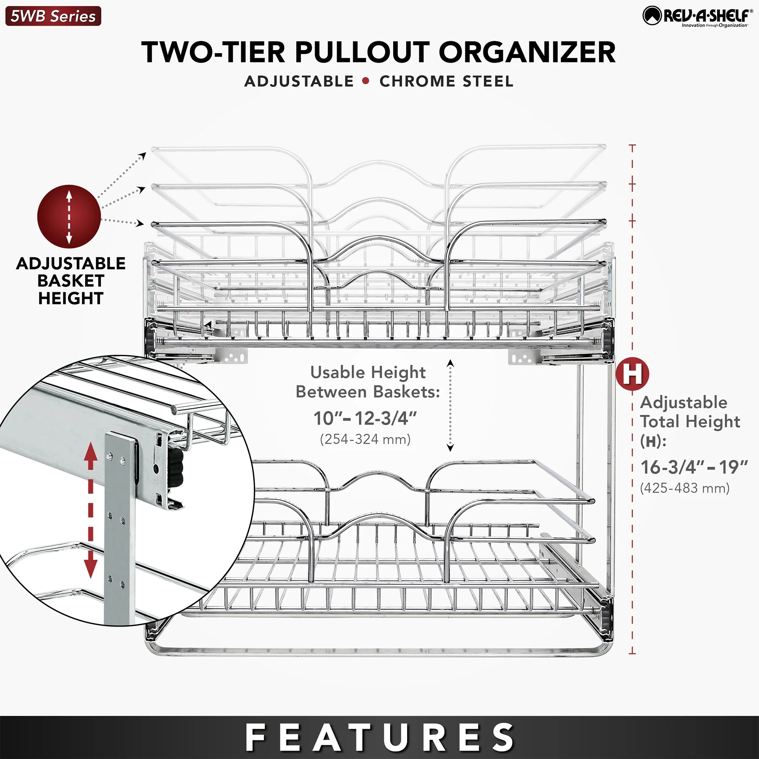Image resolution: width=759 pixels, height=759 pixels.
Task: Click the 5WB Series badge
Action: pyautogui.click(x=53, y=16)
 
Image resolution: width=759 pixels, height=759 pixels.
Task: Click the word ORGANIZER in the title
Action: pyautogui.click(x=527, y=52)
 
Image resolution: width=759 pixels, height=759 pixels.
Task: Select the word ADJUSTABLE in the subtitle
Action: pyautogui.click(x=299, y=81)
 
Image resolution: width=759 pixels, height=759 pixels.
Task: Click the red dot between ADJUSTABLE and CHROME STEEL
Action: pyautogui.click(x=366, y=81)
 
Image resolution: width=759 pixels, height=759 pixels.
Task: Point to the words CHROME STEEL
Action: pyautogui.click(x=446, y=81)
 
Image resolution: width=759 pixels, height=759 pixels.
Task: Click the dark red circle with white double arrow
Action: pyautogui.click(x=69, y=216)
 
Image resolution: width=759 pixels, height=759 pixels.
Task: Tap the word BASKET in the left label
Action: pyautogui.click(x=71, y=280)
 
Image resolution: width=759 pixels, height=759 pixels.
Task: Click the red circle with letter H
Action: pyautogui.click(x=632, y=373)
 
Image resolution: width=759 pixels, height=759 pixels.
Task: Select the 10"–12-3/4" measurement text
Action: pyautogui.click(x=365, y=418)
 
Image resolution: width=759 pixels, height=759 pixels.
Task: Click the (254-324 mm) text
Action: pyautogui.click(x=365, y=439)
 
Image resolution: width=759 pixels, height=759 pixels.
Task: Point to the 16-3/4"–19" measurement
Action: pyautogui.click(x=694, y=467)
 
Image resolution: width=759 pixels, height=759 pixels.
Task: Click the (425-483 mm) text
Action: pyautogui.click(x=685, y=488)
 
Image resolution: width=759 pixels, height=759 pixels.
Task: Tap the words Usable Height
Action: pyautogui.click(x=368, y=372)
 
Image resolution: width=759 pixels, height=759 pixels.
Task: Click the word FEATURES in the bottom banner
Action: pyautogui.click(x=379, y=737)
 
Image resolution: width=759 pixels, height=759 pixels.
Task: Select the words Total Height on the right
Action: pyautogui.click(x=690, y=422)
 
